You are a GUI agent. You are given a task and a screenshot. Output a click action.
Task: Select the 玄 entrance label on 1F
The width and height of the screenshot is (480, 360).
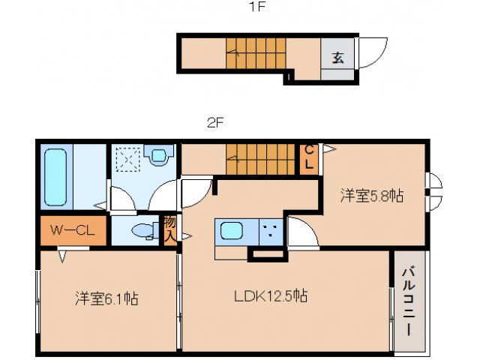click(338, 58)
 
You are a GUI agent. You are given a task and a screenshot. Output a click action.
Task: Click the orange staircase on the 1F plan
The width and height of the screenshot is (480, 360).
click(256, 53)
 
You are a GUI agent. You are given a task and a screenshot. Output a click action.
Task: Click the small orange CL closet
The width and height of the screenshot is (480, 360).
click(308, 157)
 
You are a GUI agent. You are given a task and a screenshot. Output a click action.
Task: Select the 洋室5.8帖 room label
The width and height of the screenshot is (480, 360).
click(372, 196)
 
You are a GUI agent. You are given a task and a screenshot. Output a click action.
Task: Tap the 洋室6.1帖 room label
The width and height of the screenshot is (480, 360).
click(106, 298)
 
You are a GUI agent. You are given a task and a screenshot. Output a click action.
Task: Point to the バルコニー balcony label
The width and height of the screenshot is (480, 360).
click(409, 300)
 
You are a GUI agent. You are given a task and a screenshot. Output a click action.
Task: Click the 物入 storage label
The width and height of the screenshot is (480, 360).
click(170, 229)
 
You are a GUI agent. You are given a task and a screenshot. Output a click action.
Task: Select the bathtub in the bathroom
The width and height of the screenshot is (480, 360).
click(57, 177)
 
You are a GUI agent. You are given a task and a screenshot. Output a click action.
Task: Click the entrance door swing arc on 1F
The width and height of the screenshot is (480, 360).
click(373, 52)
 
